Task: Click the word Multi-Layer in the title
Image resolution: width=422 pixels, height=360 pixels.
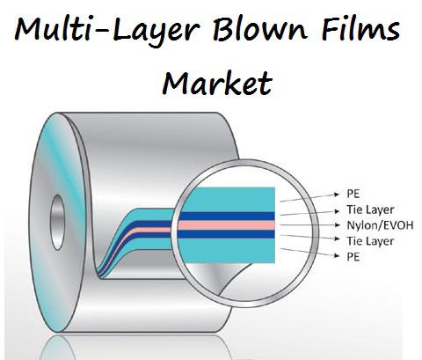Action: pyautogui.click(x=107, y=30)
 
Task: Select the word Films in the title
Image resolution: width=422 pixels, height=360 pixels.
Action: pyautogui.click(x=360, y=29)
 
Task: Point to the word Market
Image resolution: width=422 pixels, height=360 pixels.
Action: pyautogui.click(x=217, y=83)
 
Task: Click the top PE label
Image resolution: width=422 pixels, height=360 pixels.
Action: pyautogui.click(x=353, y=194)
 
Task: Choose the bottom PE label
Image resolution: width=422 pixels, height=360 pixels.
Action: pyautogui.click(x=353, y=256)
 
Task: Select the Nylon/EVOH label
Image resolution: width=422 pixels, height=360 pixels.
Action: pyautogui.click(x=380, y=225)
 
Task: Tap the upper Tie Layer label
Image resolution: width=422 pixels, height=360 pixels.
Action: pyautogui.click(x=370, y=209)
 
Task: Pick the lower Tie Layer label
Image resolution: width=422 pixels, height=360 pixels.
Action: pyautogui.click(x=370, y=241)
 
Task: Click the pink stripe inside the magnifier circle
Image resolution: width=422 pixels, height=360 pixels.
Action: pyautogui.click(x=226, y=225)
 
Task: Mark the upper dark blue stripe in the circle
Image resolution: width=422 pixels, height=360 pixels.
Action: pyautogui.click(x=227, y=216)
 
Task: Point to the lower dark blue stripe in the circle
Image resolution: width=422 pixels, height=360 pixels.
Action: pyautogui.click(x=226, y=234)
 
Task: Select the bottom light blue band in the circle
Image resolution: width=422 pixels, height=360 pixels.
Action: pyautogui.click(x=227, y=251)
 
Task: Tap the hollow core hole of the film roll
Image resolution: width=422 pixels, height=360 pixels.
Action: pyautogui.click(x=57, y=222)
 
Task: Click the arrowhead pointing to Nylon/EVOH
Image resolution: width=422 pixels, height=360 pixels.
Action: pyautogui.click(x=337, y=225)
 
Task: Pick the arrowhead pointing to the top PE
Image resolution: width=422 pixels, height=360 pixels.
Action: pyautogui.click(x=337, y=194)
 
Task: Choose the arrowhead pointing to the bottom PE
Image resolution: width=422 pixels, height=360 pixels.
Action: pyautogui.click(x=337, y=256)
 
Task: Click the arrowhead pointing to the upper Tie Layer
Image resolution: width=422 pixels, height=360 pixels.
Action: pyautogui.click(x=337, y=210)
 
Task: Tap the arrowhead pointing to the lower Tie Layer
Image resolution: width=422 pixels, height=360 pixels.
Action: pyautogui.click(x=337, y=239)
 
